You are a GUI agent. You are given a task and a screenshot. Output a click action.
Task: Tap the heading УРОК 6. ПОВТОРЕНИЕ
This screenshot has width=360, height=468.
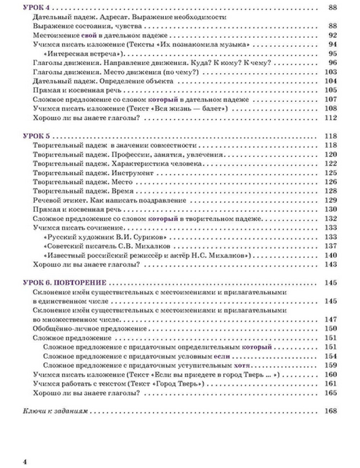(65, 283)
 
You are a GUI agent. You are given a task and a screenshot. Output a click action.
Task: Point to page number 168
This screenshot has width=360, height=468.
(330, 411)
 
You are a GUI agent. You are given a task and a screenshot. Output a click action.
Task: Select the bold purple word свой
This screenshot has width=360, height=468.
(89, 35)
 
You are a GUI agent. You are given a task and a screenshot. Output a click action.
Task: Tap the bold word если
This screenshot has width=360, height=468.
(222, 356)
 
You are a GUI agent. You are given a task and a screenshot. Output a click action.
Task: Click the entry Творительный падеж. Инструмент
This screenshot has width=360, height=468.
(93, 173)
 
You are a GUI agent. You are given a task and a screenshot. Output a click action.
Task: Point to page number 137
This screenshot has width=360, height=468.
(330, 246)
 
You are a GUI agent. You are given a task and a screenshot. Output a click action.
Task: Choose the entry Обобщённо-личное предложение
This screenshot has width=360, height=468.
(90, 328)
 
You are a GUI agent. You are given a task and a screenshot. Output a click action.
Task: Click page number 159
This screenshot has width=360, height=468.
(330, 365)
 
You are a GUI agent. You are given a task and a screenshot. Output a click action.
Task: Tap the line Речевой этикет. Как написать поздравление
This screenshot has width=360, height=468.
(109, 200)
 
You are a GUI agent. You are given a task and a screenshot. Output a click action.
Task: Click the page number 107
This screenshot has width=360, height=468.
(330, 99)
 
